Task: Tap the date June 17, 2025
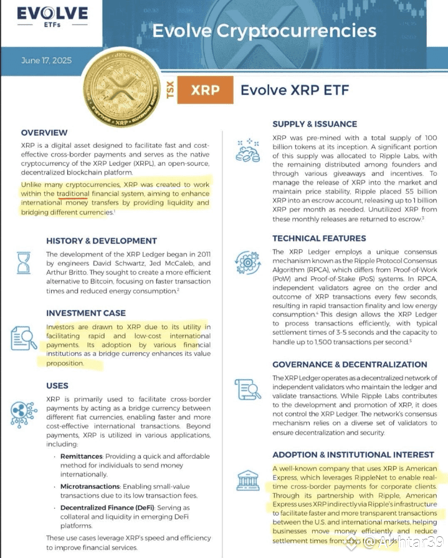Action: (46, 60)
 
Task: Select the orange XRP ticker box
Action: (205, 90)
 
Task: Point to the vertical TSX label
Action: (170, 90)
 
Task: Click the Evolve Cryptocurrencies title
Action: (264, 31)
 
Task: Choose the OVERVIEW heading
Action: (44, 133)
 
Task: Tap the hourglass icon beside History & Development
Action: (24, 264)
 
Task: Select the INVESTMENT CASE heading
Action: (86, 313)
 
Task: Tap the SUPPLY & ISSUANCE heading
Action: (315, 124)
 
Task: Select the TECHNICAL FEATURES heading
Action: (319, 238)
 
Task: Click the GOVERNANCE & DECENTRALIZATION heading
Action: (350, 364)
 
